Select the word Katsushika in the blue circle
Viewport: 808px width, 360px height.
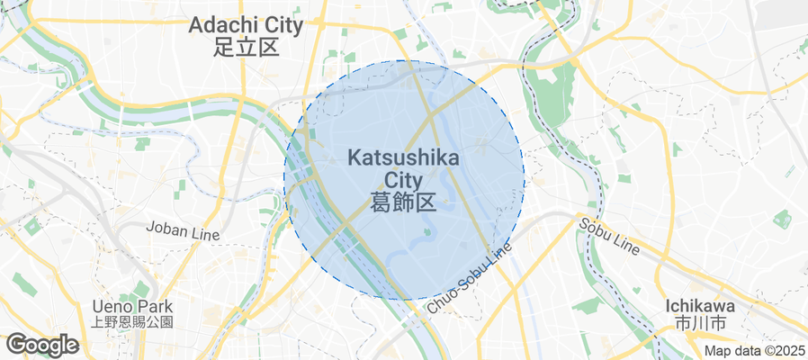tap(403, 158)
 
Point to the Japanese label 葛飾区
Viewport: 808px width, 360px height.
tap(403, 202)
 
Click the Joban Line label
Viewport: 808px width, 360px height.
tap(183, 232)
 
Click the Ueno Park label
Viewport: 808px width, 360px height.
tap(132, 306)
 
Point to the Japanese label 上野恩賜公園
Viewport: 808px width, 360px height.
tap(132, 321)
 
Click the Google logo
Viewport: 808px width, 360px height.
tap(41, 345)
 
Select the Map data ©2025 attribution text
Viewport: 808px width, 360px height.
tap(754, 351)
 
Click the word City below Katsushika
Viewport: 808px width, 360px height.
tap(403, 179)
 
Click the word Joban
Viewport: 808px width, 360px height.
tap(166, 232)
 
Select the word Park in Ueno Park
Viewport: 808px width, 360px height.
tap(154, 306)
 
